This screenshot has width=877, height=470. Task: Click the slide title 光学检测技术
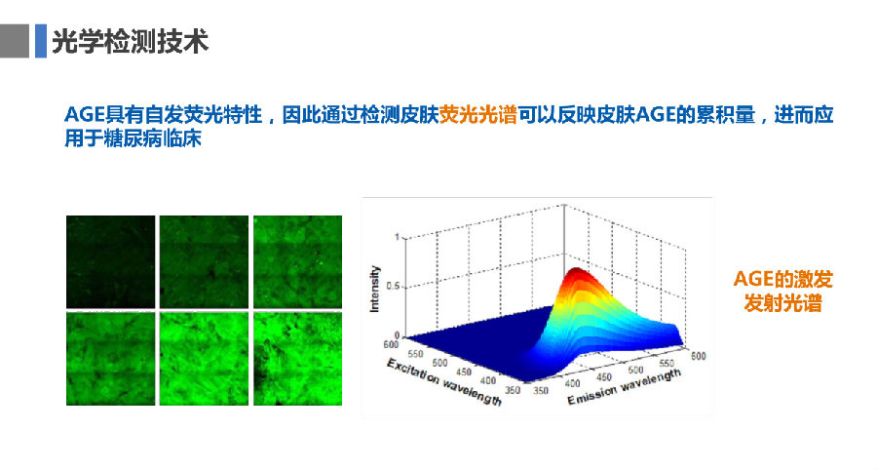131,41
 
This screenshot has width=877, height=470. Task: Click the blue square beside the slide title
41,41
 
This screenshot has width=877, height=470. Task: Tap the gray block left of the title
14,41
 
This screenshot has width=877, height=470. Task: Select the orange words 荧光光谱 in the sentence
477,115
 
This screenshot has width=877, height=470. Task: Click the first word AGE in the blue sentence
85,115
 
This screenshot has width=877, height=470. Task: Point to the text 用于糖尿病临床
133,138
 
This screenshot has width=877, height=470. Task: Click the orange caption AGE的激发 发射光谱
783,291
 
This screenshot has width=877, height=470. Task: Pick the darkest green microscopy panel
111,262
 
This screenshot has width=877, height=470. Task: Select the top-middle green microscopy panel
204,262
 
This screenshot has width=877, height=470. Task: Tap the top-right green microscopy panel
297,262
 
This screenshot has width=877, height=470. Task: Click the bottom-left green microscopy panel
111,359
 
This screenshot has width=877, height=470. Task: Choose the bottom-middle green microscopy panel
204,359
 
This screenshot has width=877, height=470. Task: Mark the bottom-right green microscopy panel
297,359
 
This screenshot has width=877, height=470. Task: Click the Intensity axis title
374,289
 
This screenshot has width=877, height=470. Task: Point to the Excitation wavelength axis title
444,381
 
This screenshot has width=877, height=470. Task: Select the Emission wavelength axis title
625,386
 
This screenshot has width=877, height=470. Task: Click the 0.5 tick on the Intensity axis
393,287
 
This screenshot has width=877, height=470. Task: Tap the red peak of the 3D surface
577,274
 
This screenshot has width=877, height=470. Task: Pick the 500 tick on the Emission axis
635,370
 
